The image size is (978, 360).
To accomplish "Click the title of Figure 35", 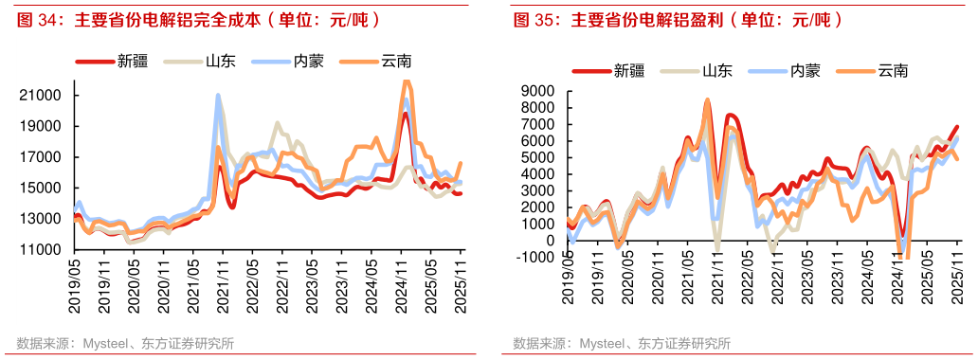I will (677, 19).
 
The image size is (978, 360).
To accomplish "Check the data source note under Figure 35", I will (621, 343).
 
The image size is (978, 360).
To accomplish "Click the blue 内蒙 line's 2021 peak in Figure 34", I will (218, 95).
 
